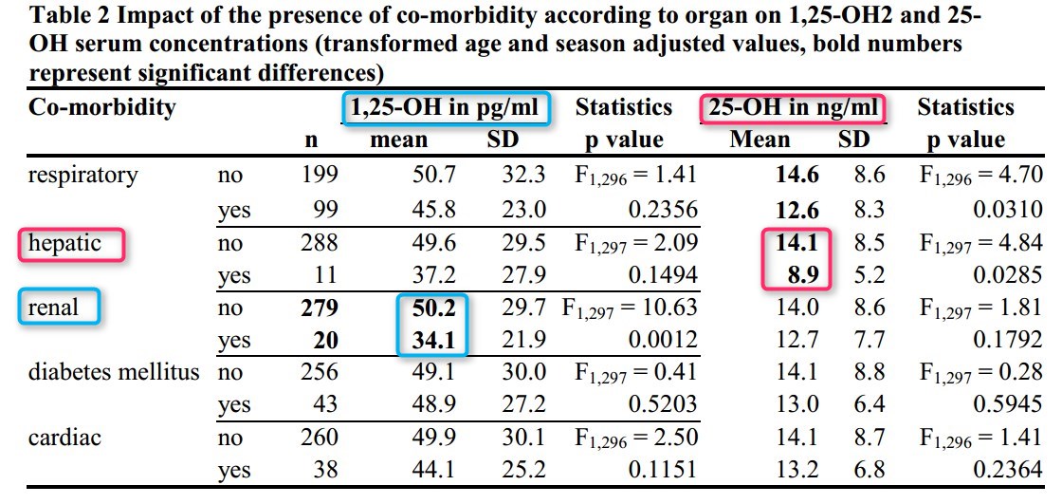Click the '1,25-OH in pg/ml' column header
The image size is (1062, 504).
pyautogui.click(x=446, y=108)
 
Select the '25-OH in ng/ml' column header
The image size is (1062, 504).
pyautogui.click(x=793, y=108)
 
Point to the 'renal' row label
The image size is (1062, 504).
pyautogui.click(x=54, y=308)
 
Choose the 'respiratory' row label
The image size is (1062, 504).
pyautogui.click(x=83, y=175)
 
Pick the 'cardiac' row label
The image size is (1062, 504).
pyautogui.click(x=65, y=437)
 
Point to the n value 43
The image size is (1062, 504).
pyautogui.click(x=323, y=404)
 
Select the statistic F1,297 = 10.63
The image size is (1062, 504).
pyautogui.click(x=630, y=308)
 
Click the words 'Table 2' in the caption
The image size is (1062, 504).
pyautogui.click(x=69, y=18)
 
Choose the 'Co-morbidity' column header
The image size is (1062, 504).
pyautogui.click(x=102, y=108)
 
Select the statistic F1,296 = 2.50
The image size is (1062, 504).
pyautogui.click(x=636, y=437)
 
